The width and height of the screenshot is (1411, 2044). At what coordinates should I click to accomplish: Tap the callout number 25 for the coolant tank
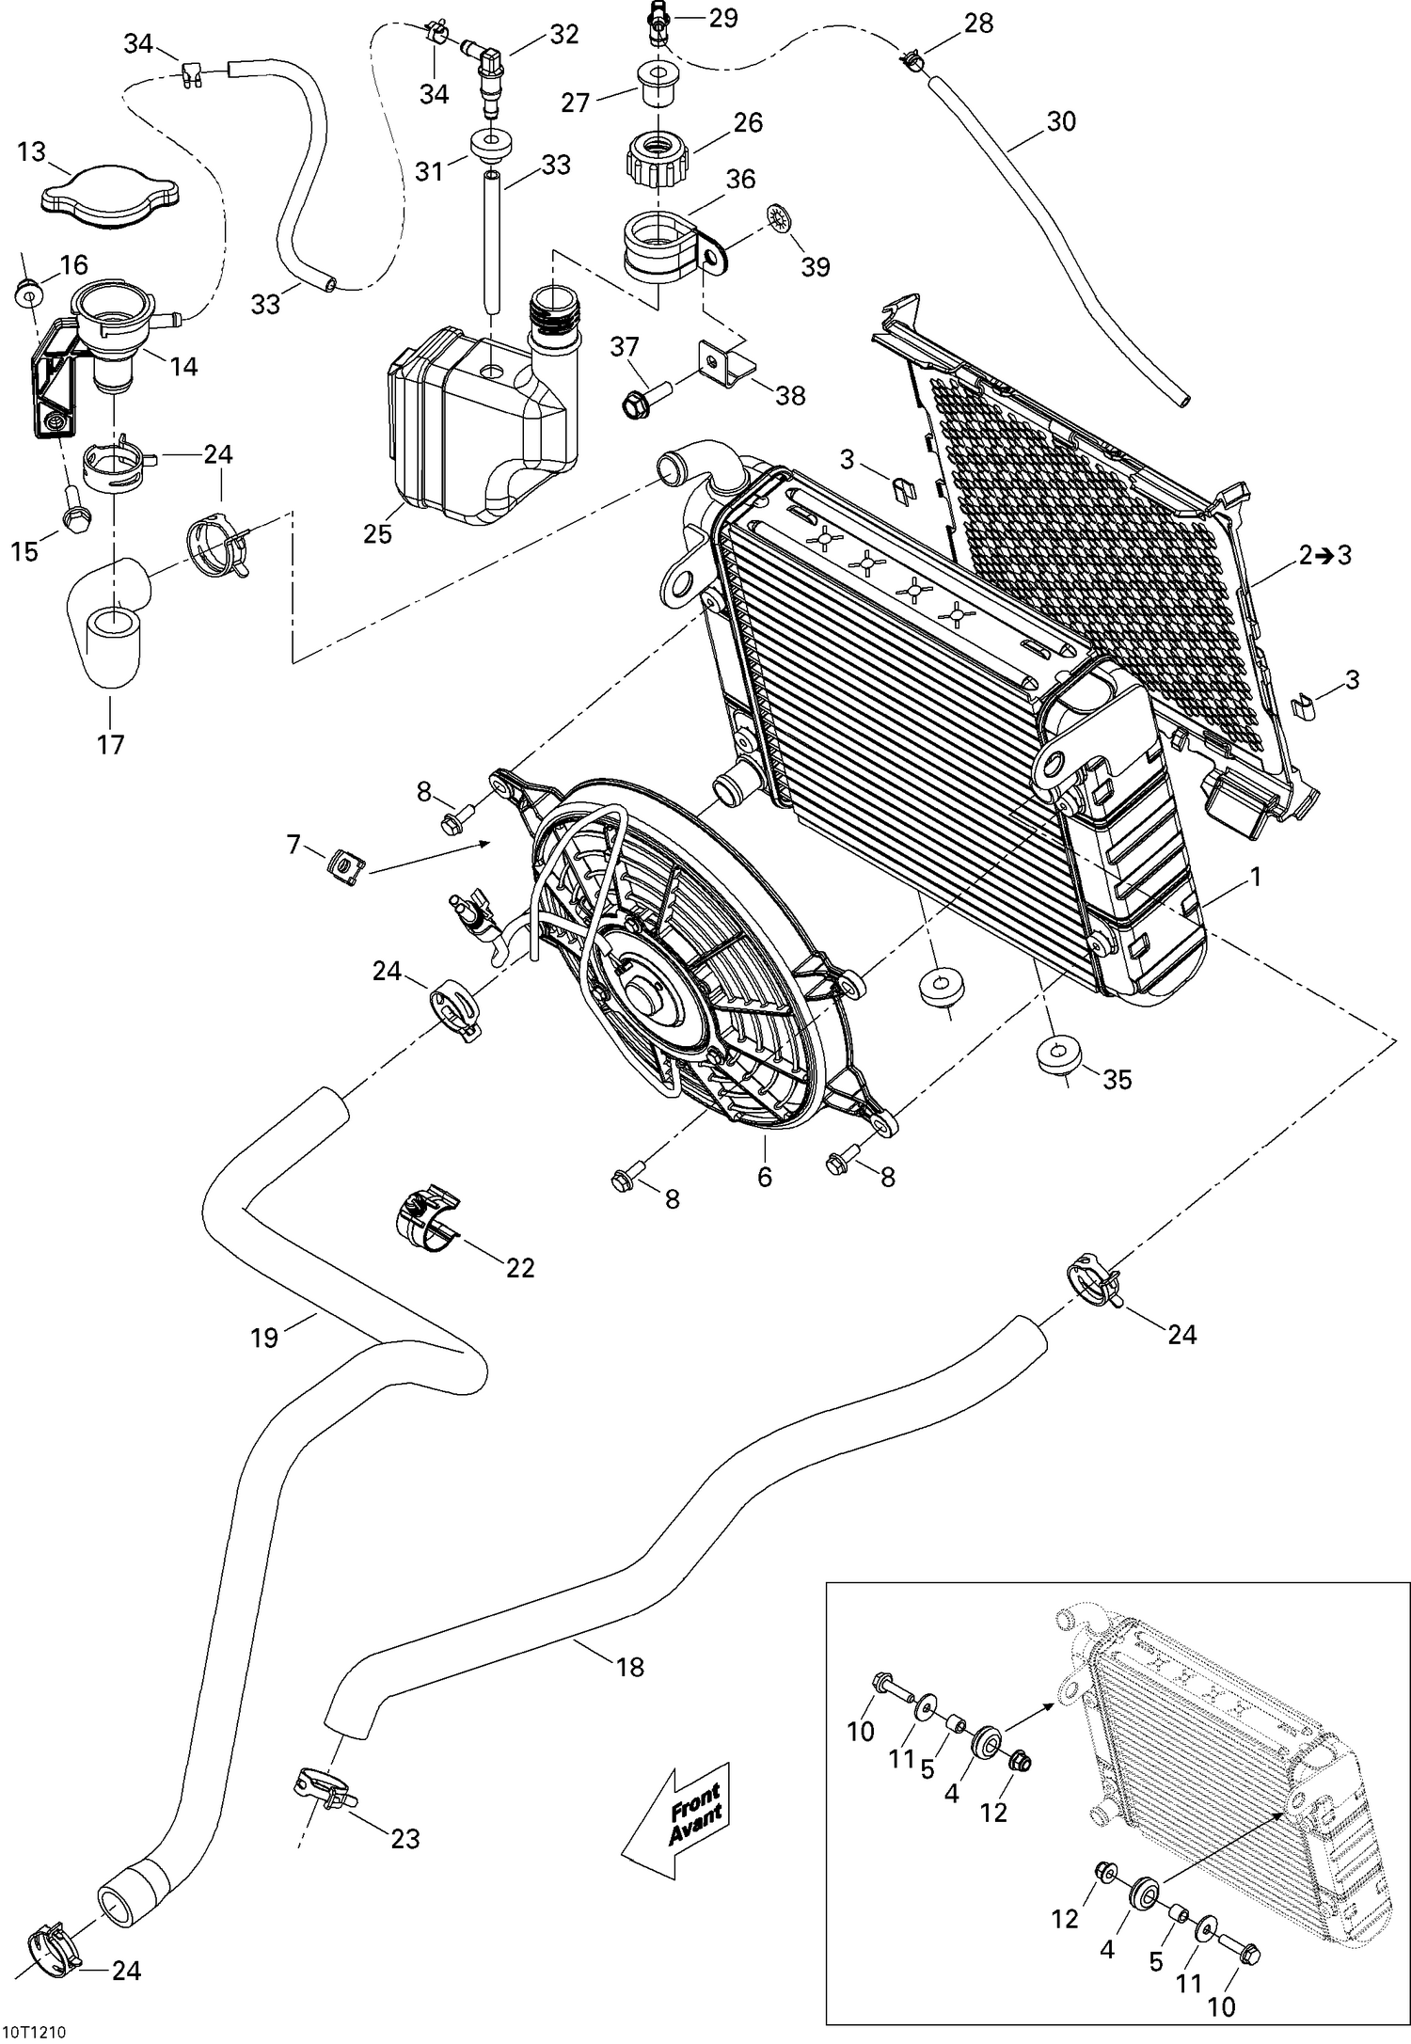coord(378,533)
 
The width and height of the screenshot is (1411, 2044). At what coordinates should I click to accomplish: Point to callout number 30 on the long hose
coord(1060,122)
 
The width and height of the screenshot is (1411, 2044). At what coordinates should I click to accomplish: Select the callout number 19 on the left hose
coord(264,1337)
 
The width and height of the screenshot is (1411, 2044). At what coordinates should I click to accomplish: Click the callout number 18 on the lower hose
coord(629,1667)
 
